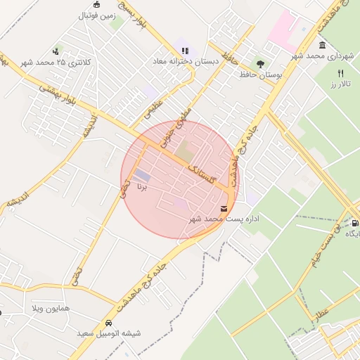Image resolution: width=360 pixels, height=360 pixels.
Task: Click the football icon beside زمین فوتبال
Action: (x=96, y=4)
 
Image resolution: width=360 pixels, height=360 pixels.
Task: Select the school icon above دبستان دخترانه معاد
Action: (x=185, y=51)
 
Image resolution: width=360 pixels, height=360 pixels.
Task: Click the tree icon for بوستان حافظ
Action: (x=261, y=64)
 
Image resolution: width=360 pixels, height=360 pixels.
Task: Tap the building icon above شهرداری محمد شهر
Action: (x=322, y=44)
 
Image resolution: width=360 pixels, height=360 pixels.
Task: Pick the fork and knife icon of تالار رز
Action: (x=341, y=72)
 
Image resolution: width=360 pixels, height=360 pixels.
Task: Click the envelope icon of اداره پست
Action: (x=224, y=208)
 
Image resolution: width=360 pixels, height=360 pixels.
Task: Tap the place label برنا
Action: (x=141, y=188)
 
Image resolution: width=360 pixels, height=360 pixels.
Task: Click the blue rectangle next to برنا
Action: (x=143, y=175)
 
